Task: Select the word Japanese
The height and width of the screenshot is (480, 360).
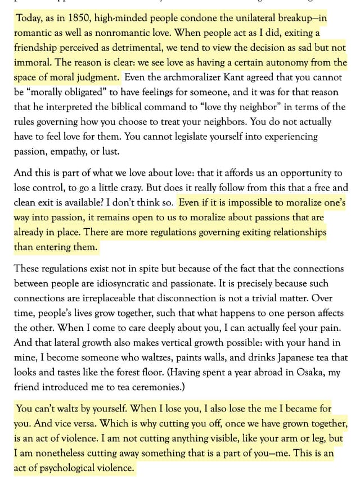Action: coord(287,357)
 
